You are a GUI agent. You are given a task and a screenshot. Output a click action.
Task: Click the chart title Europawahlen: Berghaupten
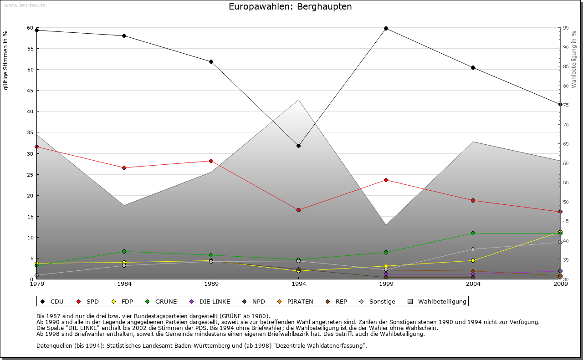pos(290,7)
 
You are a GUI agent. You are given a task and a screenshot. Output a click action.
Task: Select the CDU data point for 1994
pos(298,146)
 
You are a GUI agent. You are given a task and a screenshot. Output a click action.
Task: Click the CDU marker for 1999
pos(386,28)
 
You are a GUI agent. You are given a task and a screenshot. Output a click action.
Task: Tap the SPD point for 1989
pos(211,161)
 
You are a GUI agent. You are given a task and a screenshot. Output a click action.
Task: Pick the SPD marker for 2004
pos(473,200)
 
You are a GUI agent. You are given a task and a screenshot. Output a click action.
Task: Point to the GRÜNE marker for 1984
pos(124,251)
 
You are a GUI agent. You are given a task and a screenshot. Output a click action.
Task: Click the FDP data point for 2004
pos(473,260)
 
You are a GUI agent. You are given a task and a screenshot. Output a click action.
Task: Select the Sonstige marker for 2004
pos(473,249)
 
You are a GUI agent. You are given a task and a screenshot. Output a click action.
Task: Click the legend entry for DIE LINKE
pos(214,301)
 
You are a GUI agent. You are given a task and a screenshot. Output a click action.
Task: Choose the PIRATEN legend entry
pos(300,301)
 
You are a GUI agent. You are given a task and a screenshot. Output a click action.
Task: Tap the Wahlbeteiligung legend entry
pos(442,301)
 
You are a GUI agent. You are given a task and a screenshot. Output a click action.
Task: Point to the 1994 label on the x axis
pos(298,284)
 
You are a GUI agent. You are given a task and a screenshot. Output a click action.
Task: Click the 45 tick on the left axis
pos(30,90)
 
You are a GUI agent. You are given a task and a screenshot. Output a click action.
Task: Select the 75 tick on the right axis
pos(566,105)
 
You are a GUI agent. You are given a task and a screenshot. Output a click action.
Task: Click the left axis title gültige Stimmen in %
pos(6,60)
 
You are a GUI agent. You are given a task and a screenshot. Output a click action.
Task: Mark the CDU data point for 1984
pos(124,35)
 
